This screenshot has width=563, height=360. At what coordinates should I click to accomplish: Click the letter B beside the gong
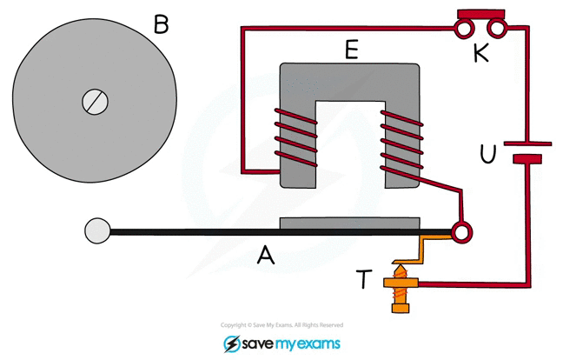click(161, 23)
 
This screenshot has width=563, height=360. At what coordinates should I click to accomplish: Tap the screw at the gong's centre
click(94, 102)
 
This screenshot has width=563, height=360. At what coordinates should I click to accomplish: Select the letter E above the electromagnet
click(350, 50)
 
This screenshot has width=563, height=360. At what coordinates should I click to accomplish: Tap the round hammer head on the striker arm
click(97, 230)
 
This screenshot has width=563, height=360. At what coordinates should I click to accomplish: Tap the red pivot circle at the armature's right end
click(461, 231)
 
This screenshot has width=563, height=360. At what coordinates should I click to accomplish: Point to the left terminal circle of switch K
click(460, 29)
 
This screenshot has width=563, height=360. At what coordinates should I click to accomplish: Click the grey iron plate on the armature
click(350, 223)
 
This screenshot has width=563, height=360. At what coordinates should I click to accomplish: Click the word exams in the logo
click(317, 343)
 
